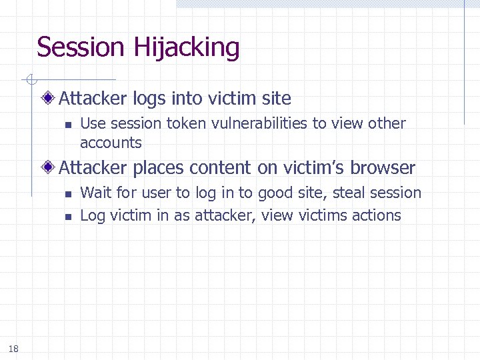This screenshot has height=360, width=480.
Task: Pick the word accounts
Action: coord(111,143)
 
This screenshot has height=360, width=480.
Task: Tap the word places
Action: coord(159,168)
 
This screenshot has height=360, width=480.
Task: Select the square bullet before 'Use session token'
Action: coord(67,124)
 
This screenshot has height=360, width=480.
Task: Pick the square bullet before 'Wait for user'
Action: coord(67,194)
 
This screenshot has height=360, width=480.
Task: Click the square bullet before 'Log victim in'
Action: coord(67,216)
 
